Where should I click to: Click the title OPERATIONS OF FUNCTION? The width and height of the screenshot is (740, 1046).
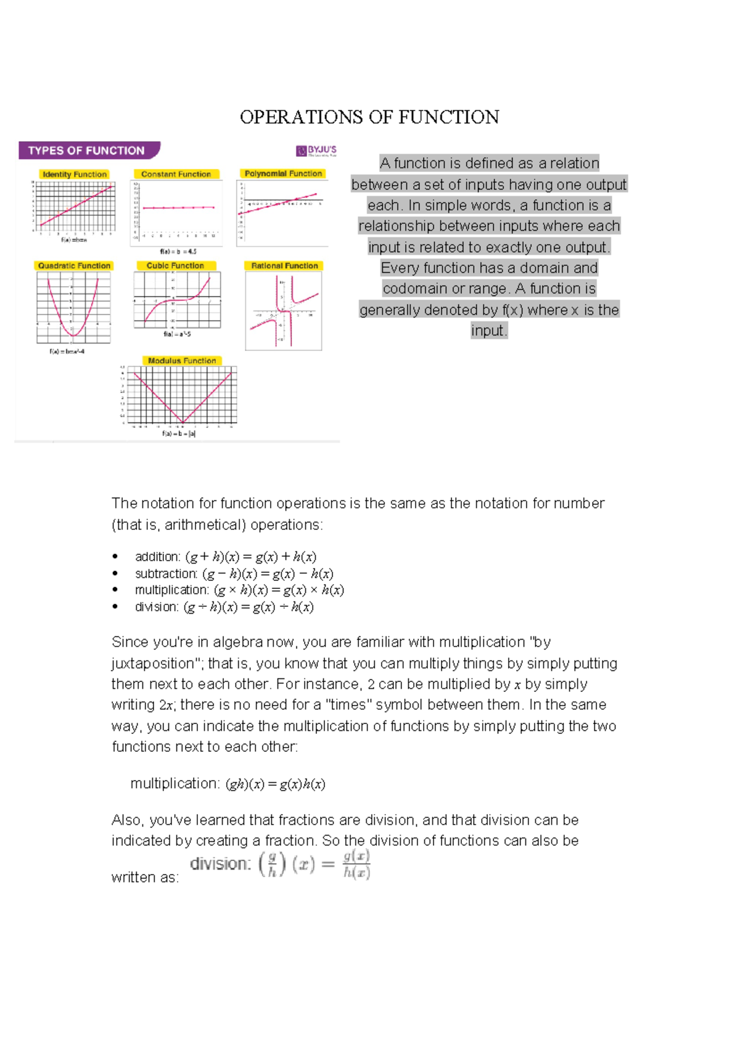coord(369,117)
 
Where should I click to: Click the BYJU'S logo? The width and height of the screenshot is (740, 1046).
coord(316,150)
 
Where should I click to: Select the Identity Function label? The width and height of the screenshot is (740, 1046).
coord(75,175)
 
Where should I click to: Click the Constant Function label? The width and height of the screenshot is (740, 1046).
coord(176,175)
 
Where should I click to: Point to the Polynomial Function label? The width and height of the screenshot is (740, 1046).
coord(283,174)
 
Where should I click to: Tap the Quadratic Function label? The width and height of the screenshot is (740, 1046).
coord(74,266)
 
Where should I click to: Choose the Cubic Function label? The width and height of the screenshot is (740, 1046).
coord(175,266)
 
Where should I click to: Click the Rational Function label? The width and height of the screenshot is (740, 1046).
coord(284,266)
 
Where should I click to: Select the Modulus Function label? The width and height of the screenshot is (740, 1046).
coord(182,361)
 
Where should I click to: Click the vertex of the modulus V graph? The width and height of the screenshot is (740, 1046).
coord(183,422)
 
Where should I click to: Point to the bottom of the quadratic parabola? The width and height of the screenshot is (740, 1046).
coord(73,336)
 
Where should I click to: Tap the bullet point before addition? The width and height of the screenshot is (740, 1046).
coord(115,557)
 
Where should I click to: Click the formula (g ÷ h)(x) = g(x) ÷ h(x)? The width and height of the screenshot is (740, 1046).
coord(249,607)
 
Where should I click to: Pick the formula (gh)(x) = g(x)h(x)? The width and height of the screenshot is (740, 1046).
coord(275,784)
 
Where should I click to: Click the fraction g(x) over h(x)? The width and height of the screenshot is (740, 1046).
coord(356,864)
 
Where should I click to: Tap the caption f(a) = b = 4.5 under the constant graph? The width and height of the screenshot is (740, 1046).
coord(178,252)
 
